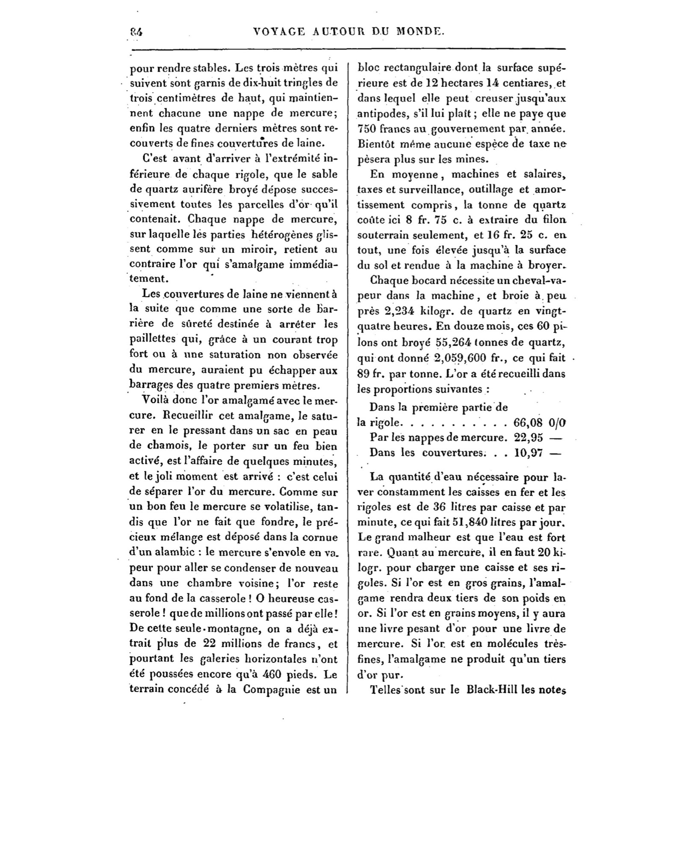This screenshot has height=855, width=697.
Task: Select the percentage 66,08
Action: (527, 423)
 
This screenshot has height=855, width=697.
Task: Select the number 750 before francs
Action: (366, 129)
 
